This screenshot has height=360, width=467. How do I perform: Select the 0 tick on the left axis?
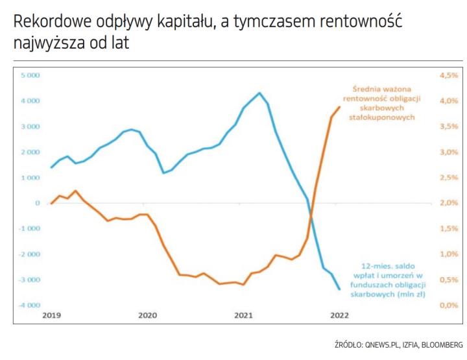click(38, 203)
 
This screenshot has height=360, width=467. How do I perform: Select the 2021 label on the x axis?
click(243, 316)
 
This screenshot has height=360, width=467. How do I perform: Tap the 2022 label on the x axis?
click(339, 316)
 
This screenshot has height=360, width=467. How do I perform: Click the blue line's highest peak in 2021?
click(259, 93)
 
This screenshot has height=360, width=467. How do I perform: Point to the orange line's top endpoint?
click(339, 107)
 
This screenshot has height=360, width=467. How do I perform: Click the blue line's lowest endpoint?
click(339, 289)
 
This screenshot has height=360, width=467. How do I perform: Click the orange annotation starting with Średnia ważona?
click(383, 102)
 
